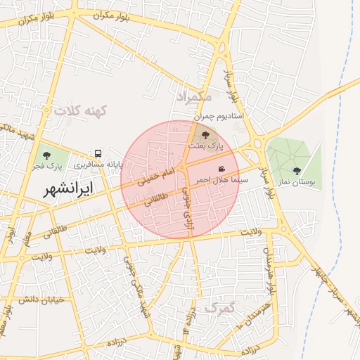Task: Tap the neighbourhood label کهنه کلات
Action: [79, 111]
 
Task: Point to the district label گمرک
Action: [220, 307]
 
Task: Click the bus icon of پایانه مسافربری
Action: [98, 153]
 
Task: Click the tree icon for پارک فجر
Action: [47, 155]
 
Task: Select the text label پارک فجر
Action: [47, 167]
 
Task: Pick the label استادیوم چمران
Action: [219, 115]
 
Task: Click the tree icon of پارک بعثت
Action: [205, 135]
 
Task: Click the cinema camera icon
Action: [222, 169]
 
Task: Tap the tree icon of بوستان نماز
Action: [297, 170]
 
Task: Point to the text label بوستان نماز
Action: [298, 181]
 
